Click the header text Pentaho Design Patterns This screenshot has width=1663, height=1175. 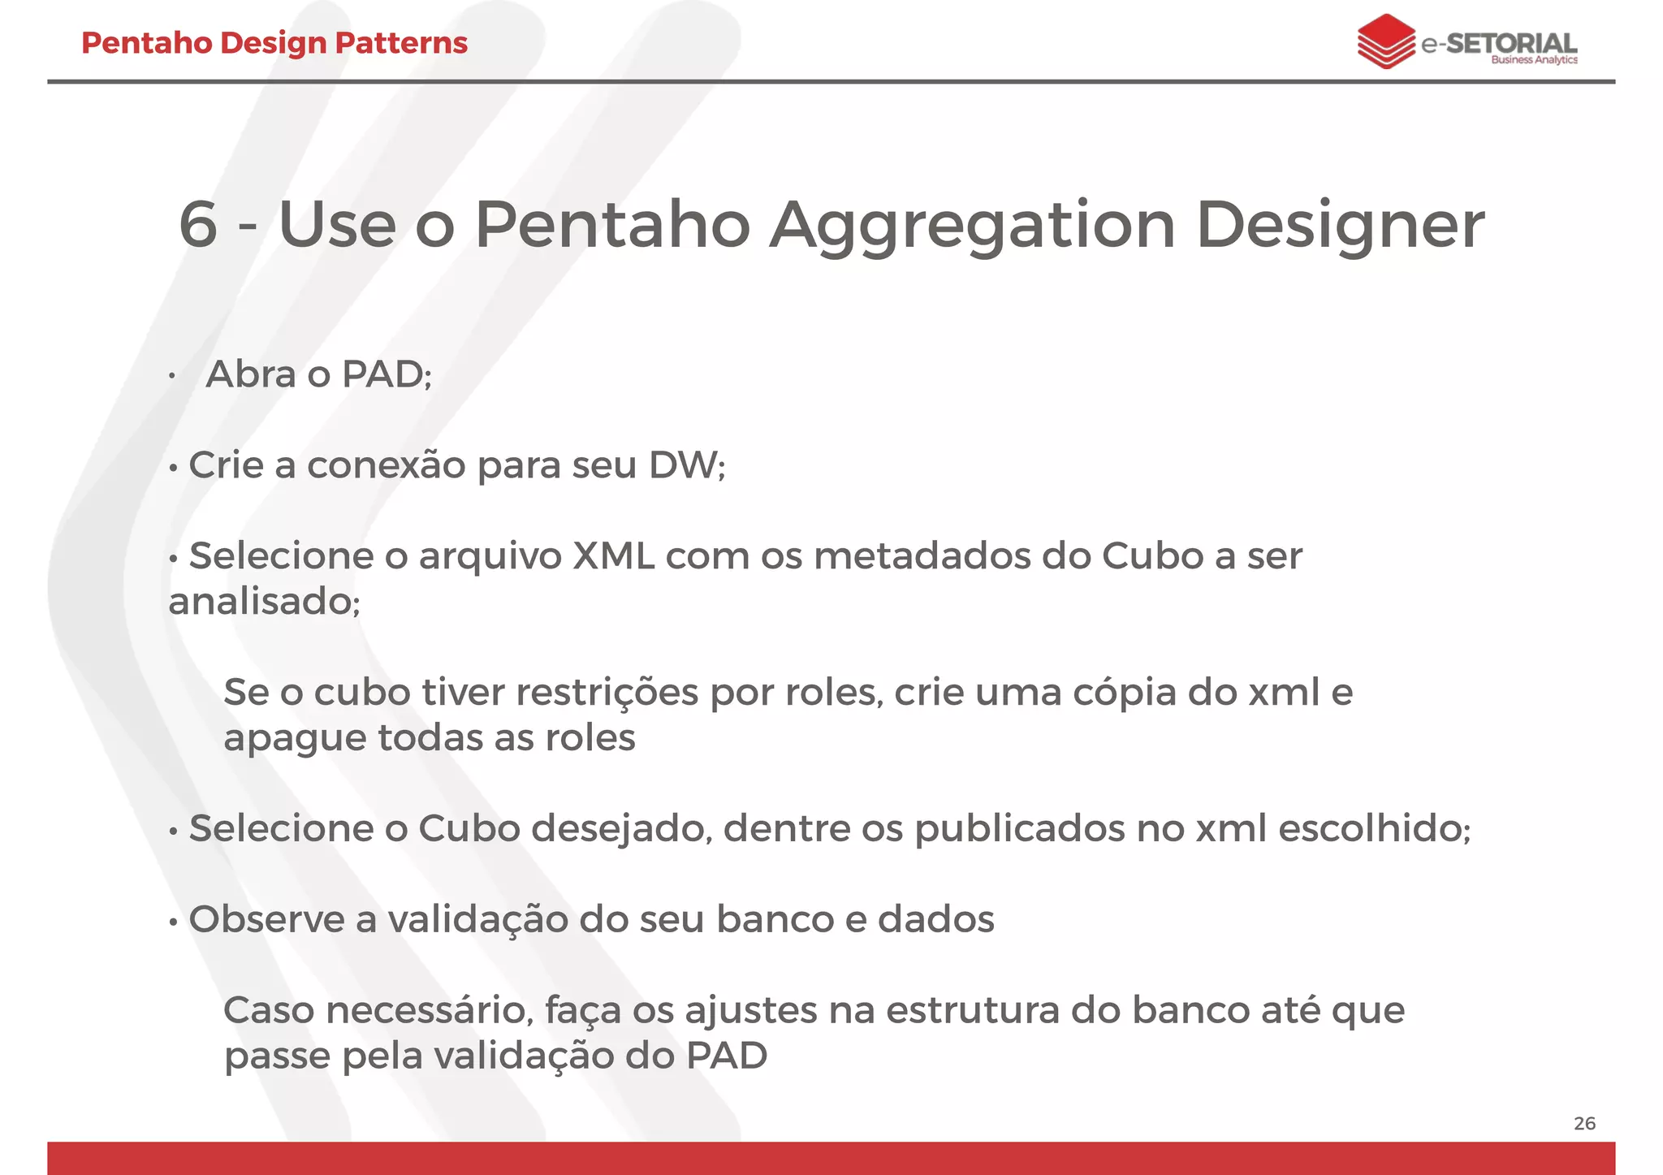(x=274, y=43)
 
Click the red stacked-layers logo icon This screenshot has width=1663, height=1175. (x=1385, y=41)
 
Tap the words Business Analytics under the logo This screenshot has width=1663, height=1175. (x=1534, y=60)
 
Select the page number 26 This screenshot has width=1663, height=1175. (x=1584, y=1124)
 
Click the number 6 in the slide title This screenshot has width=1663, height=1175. (x=198, y=225)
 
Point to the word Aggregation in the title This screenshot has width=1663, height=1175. (x=972, y=225)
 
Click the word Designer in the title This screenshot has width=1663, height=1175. (x=1340, y=225)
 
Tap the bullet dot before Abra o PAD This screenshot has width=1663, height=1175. (x=172, y=377)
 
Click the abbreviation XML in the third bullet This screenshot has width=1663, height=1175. (x=614, y=556)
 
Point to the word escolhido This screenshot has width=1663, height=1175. (x=1371, y=829)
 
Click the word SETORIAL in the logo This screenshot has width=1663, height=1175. (x=1511, y=42)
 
